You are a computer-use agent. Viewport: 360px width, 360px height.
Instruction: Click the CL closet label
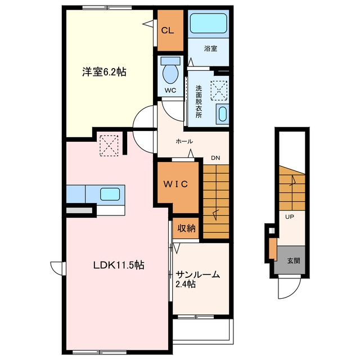(x=168, y=30)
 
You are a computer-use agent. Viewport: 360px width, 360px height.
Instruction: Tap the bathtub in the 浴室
(x=209, y=24)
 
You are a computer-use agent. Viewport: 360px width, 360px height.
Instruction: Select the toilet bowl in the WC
(x=170, y=73)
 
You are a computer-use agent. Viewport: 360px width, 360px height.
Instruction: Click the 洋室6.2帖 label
(x=104, y=72)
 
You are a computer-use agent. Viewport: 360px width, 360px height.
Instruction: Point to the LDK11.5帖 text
(x=119, y=265)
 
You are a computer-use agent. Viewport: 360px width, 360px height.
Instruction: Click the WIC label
(x=175, y=184)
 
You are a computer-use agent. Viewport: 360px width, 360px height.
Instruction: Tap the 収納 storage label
(x=186, y=228)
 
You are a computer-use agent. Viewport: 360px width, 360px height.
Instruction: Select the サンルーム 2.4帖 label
(x=197, y=280)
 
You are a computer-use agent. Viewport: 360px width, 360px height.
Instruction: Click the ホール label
(x=184, y=141)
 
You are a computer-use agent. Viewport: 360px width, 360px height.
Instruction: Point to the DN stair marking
(x=215, y=158)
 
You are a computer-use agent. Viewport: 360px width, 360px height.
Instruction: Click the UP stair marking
(x=290, y=217)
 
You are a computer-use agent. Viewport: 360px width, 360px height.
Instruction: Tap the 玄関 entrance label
(x=294, y=260)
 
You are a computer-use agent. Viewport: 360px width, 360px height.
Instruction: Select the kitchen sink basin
(x=110, y=194)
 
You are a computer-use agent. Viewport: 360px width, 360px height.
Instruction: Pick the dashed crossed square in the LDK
(x=109, y=146)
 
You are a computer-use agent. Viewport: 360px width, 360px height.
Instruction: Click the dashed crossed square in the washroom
(x=219, y=91)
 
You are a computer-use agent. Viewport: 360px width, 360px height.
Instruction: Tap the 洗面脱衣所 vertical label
(x=199, y=101)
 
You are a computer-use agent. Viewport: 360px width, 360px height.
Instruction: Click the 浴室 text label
(x=210, y=48)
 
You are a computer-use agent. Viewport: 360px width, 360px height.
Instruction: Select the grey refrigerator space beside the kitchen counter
(x=79, y=210)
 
